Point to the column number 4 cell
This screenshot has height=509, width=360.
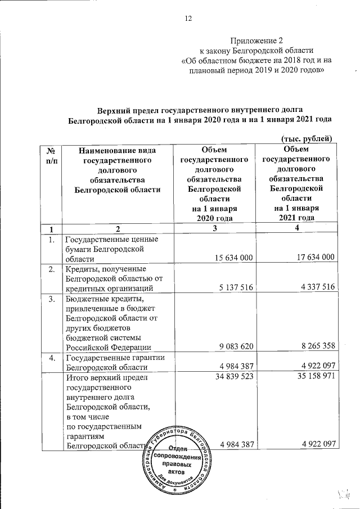[x=296, y=229]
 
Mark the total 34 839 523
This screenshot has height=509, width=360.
[x=230, y=377]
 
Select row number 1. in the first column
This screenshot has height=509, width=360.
[x=51, y=240]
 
